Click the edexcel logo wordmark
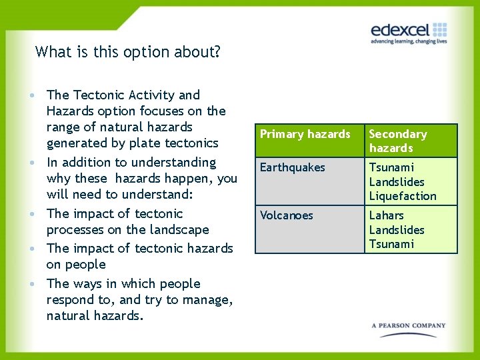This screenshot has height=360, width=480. pyautogui.click(x=401, y=30)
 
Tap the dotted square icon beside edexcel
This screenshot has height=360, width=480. pyautogui.click(x=439, y=29)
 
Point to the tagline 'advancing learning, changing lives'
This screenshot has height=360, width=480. pyautogui.click(x=409, y=41)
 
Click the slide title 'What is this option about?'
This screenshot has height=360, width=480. pyautogui.click(x=128, y=51)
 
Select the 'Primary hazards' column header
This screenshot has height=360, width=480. pyautogui.click(x=305, y=134)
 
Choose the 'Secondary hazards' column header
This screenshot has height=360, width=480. pyautogui.click(x=398, y=141)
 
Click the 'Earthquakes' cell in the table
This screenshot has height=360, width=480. pyautogui.click(x=292, y=167)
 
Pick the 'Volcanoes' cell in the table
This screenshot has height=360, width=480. pyautogui.click(x=287, y=215)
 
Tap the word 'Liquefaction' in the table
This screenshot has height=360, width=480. pyautogui.click(x=403, y=196)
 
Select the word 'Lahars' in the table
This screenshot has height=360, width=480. pyautogui.click(x=386, y=215)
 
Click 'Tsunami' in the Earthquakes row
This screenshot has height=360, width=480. pyautogui.click(x=391, y=167)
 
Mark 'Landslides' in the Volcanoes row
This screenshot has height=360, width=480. pyautogui.click(x=397, y=230)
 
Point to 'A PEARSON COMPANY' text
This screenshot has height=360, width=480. pyautogui.click(x=409, y=326)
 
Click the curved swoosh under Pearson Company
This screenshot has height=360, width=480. pyautogui.click(x=409, y=335)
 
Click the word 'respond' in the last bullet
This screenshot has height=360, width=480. pyautogui.click(x=70, y=300)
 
